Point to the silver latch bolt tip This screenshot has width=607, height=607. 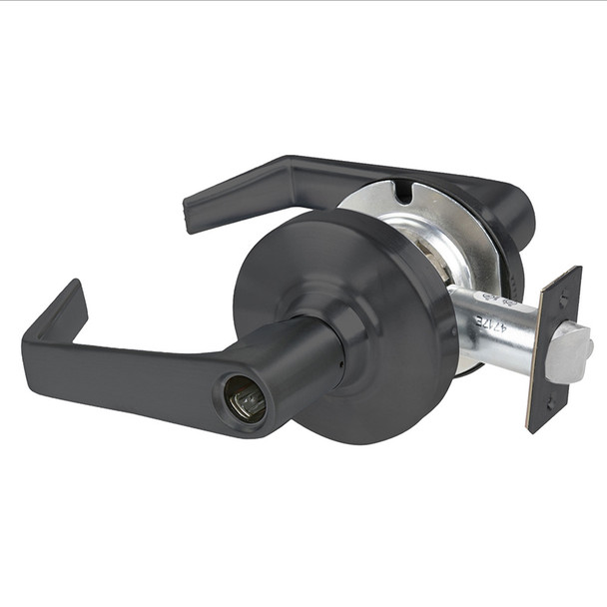[570, 351]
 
